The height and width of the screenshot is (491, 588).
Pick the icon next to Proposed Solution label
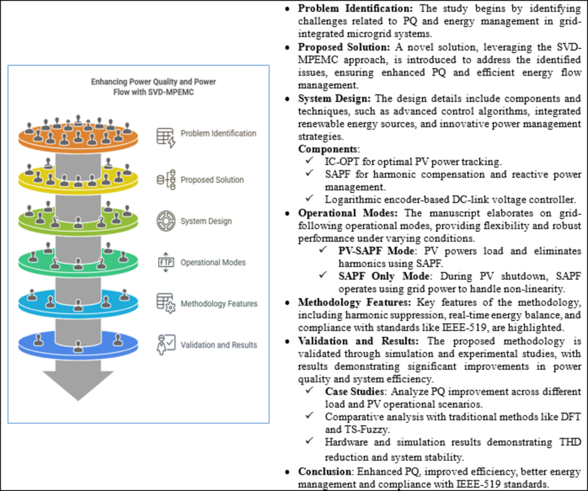click(x=166, y=180)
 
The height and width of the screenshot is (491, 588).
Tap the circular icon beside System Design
click(x=166, y=221)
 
